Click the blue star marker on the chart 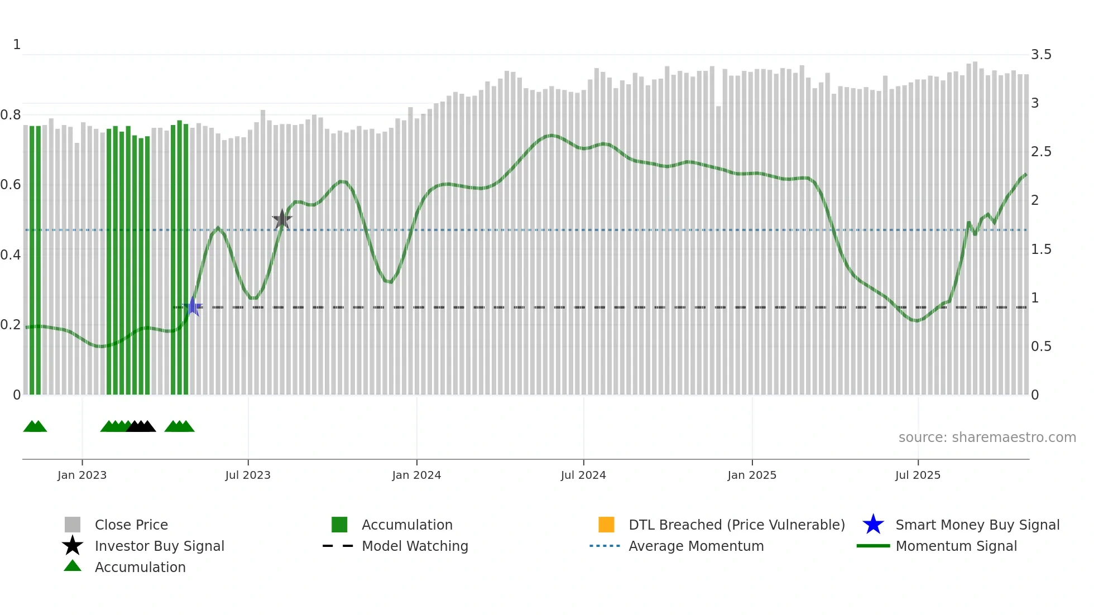(x=193, y=306)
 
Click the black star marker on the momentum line (x=282, y=219)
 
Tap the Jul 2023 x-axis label (x=248, y=475)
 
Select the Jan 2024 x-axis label (x=416, y=475)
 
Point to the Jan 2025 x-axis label (x=752, y=475)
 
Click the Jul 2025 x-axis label (x=918, y=475)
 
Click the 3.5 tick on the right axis (x=1041, y=55)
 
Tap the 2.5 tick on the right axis (x=1041, y=152)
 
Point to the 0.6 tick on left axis (x=11, y=185)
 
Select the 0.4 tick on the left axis (x=11, y=255)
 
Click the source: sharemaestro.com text (x=987, y=438)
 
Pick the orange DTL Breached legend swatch (x=606, y=525)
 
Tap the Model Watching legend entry (x=414, y=546)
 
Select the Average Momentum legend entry (x=695, y=546)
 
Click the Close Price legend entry (x=131, y=525)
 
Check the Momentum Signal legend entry (x=956, y=546)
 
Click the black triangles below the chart (x=141, y=426)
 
